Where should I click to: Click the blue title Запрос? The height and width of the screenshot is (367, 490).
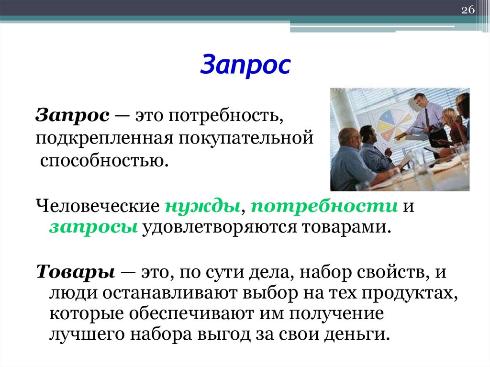[x=245, y=66]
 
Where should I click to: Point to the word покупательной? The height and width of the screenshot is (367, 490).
[x=246, y=139]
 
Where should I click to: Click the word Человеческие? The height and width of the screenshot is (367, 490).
[x=98, y=207]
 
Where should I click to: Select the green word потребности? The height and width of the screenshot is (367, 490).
[x=324, y=207]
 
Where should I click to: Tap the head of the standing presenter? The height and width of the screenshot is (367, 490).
[x=421, y=100]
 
